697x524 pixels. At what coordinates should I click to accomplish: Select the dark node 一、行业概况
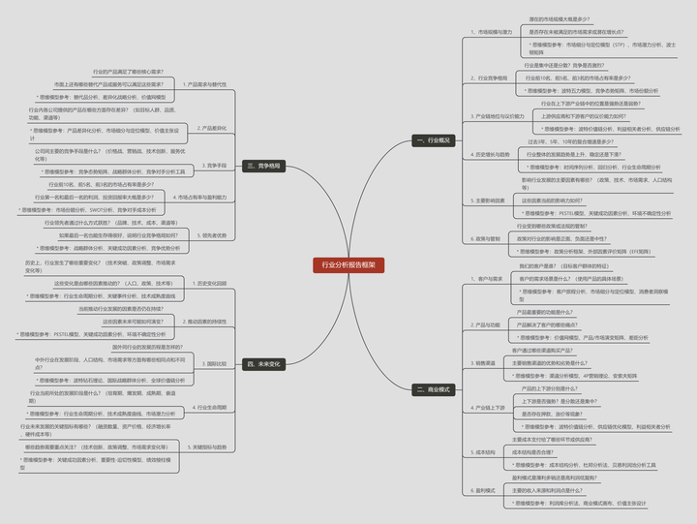coord(433,140)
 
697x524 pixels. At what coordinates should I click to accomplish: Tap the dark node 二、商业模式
coord(433,389)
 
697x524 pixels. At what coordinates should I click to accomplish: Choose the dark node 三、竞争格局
coord(262,166)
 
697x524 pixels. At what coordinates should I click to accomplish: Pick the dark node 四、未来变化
coord(262,364)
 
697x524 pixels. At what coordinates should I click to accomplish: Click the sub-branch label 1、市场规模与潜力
coord(492,32)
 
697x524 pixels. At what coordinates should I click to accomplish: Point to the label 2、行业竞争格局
coord(489,77)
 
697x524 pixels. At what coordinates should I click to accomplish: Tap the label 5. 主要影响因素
coord(488,200)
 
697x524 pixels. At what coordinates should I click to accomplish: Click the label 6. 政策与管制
coord(485,238)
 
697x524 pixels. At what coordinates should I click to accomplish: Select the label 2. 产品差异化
coord(210,128)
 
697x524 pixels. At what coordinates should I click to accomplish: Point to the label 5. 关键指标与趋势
coord(209,447)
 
